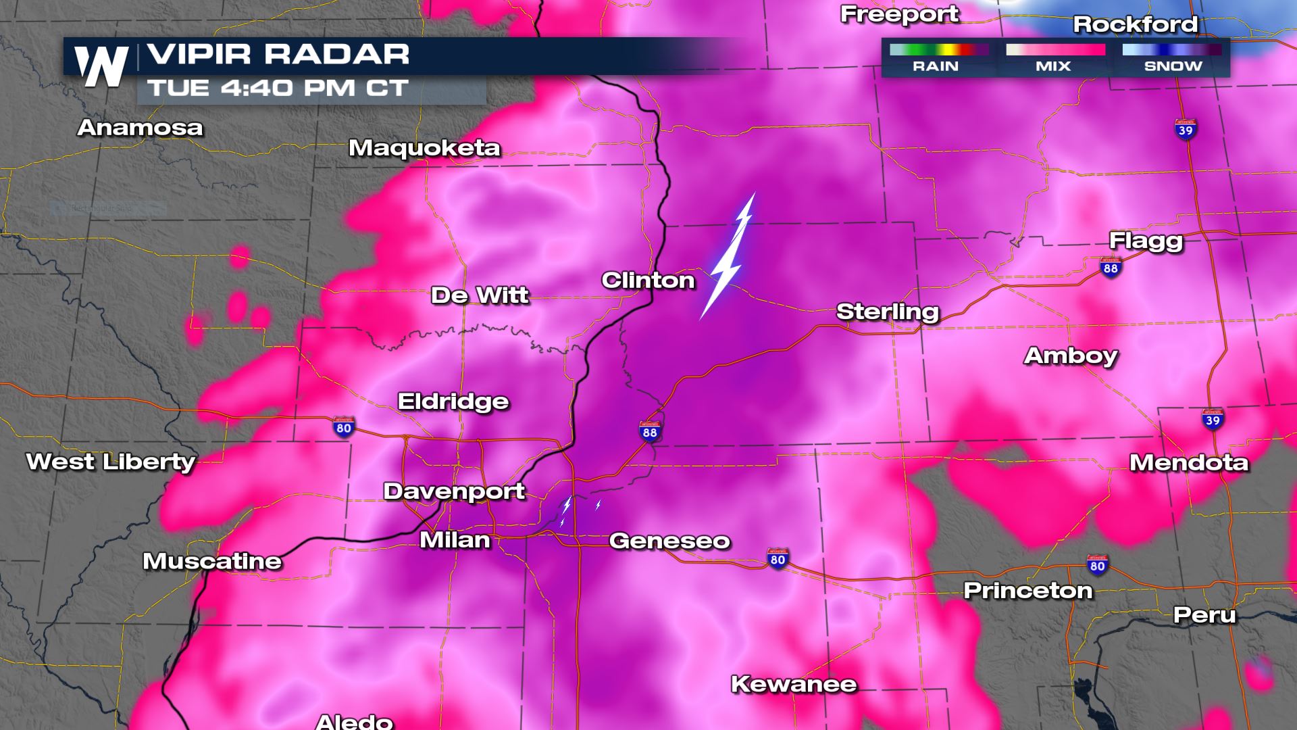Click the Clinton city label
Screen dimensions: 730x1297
(648, 281)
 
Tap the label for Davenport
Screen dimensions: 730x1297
(454, 491)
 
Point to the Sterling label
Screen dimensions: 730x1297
(888, 312)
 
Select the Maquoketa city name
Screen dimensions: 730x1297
(424, 148)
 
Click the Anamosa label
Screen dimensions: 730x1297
(140, 127)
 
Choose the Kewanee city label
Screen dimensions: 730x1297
(794, 684)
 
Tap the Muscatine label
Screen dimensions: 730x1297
(212, 561)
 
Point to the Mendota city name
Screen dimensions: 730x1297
(1189, 462)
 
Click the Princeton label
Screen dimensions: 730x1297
(1027, 590)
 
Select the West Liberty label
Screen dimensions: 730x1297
(111, 462)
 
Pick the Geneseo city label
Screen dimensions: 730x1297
(669, 541)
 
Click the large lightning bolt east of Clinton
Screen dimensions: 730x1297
(728, 257)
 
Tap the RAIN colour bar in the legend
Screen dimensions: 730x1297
(939, 50)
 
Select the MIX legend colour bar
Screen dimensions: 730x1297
(1055, 50)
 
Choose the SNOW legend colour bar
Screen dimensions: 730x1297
(1172, 50)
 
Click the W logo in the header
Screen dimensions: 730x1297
(101, 66)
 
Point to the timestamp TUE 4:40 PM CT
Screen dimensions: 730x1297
(278, 89)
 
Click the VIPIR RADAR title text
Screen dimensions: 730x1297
(278, 55)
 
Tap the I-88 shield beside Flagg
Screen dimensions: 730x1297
(1111, 266)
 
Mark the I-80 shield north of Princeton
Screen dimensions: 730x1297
(1097, 564)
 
